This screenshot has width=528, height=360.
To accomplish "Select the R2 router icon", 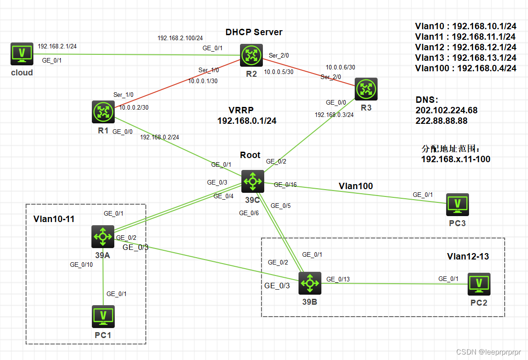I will coord(251,55).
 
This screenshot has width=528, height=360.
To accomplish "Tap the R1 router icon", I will coord(103,112).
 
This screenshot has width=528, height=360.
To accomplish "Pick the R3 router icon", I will coord(366,90).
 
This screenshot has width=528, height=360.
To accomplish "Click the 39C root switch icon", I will coord(253,181).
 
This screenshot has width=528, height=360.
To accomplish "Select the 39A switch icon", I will coord(103,236).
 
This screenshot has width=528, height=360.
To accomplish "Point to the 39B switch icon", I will coord(310,283).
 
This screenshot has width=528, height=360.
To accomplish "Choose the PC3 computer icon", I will coord(458,204).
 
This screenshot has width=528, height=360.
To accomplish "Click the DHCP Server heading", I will coord(254,32).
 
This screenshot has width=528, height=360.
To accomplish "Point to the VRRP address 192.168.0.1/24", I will coord(247,121).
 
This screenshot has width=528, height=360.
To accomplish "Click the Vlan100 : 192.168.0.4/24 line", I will coord(465,68).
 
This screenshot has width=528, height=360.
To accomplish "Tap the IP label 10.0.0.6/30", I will coord(340,67).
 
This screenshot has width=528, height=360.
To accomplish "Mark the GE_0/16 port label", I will coord(285,185).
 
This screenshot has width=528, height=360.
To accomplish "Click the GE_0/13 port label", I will coord(338,279).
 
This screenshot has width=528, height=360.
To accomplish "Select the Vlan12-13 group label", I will coord(468,257).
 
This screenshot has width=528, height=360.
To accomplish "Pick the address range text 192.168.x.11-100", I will coord(455,159).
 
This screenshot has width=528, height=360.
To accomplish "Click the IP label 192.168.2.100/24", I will coord(180,38).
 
